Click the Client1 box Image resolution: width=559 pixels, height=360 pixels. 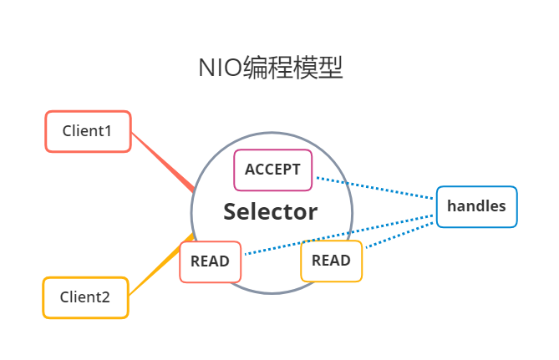[88, 131]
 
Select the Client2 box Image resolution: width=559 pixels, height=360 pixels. [85, 297]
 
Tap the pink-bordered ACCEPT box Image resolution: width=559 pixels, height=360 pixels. [272, 170]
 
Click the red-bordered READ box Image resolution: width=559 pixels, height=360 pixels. [210, 261]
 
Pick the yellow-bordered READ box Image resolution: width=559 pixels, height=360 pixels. [331, 261]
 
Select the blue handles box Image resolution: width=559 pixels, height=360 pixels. [476, 205]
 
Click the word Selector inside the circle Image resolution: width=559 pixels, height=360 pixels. [270, 212]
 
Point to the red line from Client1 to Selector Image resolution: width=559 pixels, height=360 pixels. [164, 162]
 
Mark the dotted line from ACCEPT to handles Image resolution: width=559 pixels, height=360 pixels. [376, 189]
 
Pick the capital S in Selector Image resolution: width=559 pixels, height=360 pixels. [231, 212]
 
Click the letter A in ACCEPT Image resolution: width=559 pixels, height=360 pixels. [249, 170]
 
